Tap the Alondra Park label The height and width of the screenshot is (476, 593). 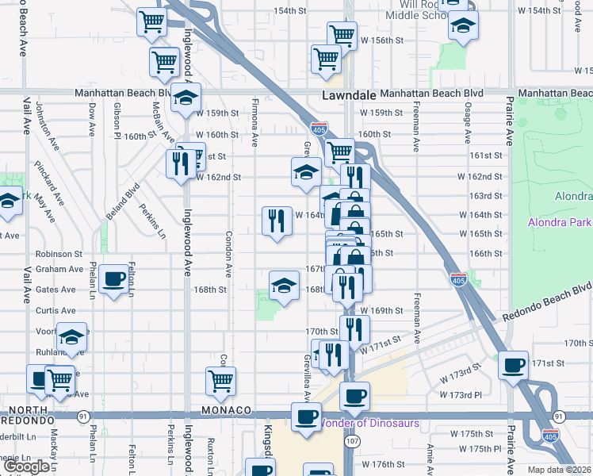click(x=560, y=221)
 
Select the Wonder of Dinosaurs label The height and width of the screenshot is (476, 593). click(x=369, y=423)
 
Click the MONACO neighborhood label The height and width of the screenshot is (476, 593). click(x=226, y=410)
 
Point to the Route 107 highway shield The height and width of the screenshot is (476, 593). click(x=354, y=439)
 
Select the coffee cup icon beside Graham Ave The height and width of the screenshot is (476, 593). click(x=115, y=279)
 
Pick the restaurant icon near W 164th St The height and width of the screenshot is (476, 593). click(x=276, y=221)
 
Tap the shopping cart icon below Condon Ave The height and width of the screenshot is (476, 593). click(x=221, y=380)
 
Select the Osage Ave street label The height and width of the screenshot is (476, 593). click(x=469, y=127)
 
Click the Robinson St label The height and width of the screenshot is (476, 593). click(x=59, y=255)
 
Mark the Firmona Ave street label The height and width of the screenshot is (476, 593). click(x=254, y=123)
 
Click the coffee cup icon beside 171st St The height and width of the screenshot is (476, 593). click(x=514, y=364)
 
